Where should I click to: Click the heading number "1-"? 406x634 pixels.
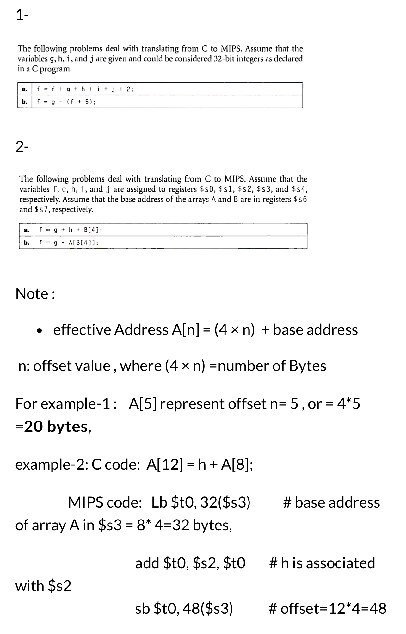(22, 15)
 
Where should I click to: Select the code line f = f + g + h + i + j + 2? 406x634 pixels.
(85, 89)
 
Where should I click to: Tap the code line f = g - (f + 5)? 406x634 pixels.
(66, 102)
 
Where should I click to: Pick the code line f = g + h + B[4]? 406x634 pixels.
(71, 230)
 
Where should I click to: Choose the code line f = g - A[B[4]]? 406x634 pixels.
(69, 243)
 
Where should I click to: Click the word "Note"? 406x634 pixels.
(32, 294)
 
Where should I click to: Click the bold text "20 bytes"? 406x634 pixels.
(56, 427)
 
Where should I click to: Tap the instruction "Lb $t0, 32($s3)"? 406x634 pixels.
(201, 502)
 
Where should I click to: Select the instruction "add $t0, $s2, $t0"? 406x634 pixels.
(190, 563)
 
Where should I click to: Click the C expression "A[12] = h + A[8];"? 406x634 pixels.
(200, 464)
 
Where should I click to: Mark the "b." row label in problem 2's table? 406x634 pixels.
(27, 243)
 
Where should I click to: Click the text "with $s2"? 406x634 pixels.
(43, 586)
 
